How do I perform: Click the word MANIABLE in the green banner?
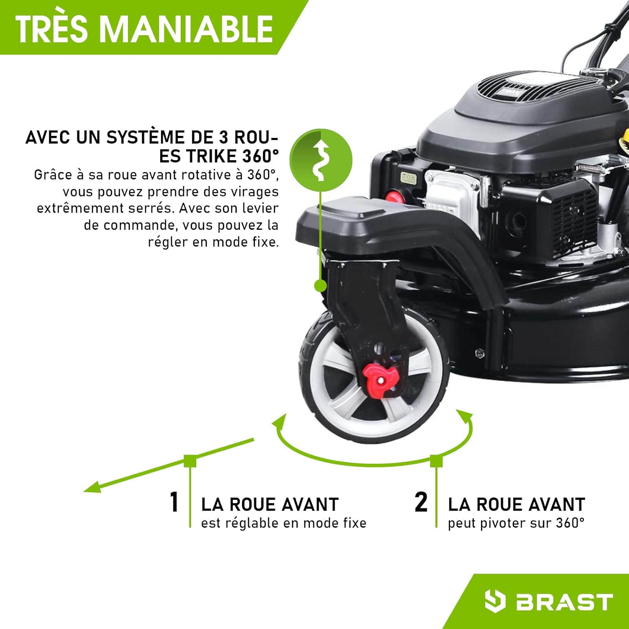tap(187, 29)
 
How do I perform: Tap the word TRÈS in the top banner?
tap(51, 29)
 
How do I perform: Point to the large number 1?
tap(174, 502)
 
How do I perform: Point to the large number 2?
tap(421, 502)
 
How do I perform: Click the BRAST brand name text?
tap(564, 602)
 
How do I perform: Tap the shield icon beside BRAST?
tap(494, 601)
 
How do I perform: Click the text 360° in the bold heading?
tap(260, 156)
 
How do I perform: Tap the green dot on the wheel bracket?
tap(320, 286)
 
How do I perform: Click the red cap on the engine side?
tap(394, 197)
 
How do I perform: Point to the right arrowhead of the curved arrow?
tap(465, 417)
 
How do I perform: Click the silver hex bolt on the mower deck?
tap(480, 353)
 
